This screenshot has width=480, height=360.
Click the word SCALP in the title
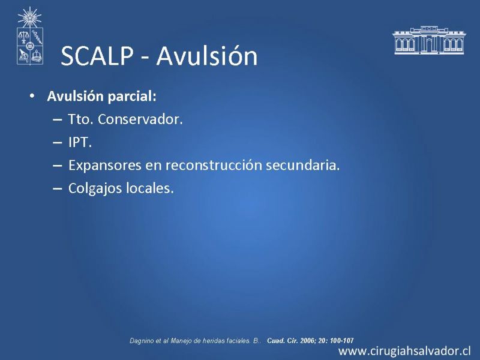97,56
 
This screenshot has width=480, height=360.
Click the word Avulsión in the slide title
207,55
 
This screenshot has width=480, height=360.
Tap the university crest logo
29,36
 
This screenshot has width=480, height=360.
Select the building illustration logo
428,40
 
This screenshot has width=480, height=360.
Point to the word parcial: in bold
132,97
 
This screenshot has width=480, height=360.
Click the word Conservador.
140,119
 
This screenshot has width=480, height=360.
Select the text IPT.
80,142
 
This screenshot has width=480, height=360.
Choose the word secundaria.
303,166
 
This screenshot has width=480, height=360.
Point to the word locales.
150,188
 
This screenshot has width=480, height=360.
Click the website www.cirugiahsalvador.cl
404,351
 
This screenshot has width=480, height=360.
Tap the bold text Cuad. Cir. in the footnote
283,340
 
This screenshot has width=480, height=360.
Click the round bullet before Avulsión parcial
32,96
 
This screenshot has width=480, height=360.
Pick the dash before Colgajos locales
57,188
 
